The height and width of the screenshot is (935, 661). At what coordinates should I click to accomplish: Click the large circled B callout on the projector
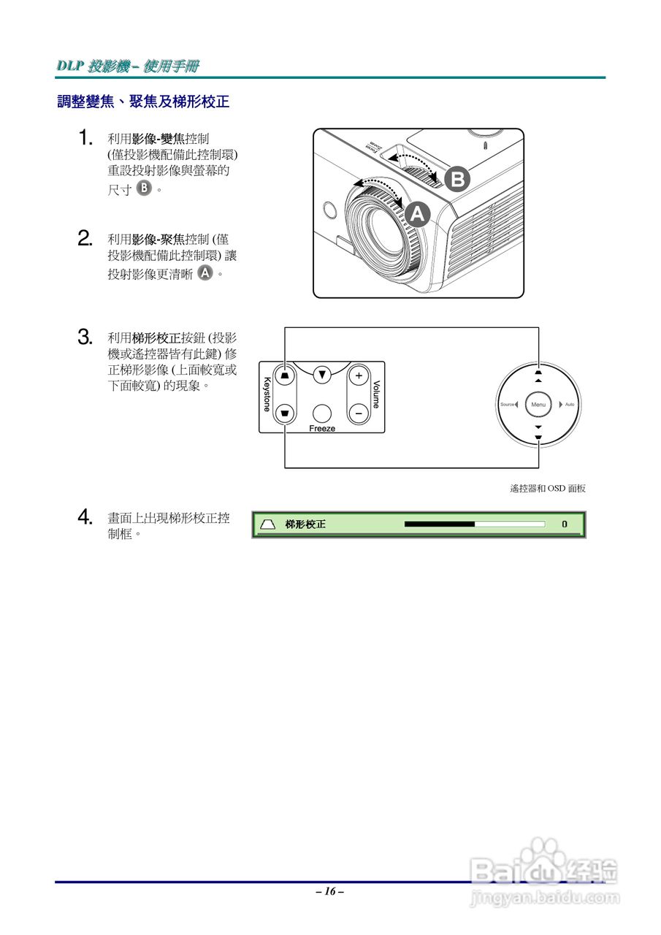[x=457, y=178]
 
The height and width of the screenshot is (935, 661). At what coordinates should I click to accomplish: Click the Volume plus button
[x=358, y=376]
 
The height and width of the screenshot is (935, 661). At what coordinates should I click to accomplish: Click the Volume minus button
[x=358, y=413]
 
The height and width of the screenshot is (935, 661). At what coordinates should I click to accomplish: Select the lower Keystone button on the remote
[x=285, y=413]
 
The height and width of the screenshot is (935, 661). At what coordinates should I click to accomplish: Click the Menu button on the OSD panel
[x=538, y=405]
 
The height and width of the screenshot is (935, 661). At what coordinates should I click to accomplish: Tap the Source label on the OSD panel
[x=507, y=405]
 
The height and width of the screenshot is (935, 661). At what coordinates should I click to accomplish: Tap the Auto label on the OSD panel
[x=570, y=405]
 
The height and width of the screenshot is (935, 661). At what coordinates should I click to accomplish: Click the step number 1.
[x=85, y=137]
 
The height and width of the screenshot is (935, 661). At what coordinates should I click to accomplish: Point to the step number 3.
[x=85, y=337]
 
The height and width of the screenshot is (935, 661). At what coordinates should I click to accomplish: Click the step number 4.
[x=85, y=518]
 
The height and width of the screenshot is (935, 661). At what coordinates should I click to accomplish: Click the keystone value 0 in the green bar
[x=564, y=524]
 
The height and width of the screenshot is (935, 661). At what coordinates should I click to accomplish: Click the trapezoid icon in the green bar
[x=268, y=524]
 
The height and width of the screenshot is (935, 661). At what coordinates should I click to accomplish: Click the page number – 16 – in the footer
[x=330, y=891]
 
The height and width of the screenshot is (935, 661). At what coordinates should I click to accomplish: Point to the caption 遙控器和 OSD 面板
[x=548, y=489]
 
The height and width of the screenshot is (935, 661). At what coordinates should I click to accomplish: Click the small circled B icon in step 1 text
[x=145, y=189]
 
